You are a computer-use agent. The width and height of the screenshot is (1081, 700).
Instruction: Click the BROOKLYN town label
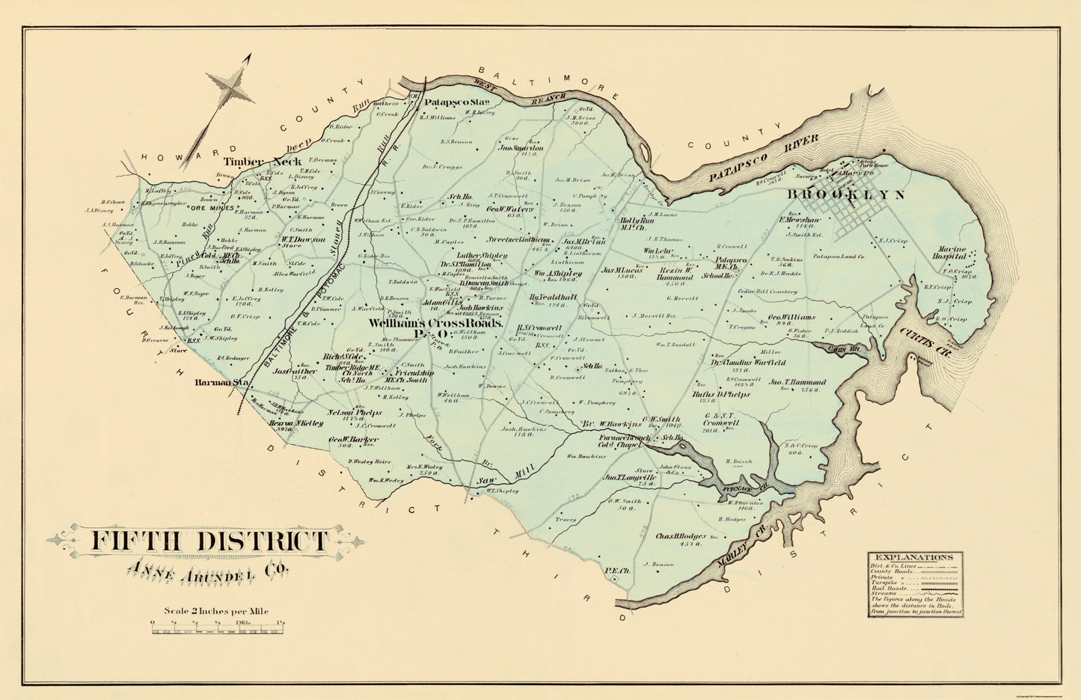tap(845, 195)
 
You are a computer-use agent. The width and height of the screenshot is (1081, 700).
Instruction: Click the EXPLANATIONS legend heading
tap(914, 557)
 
